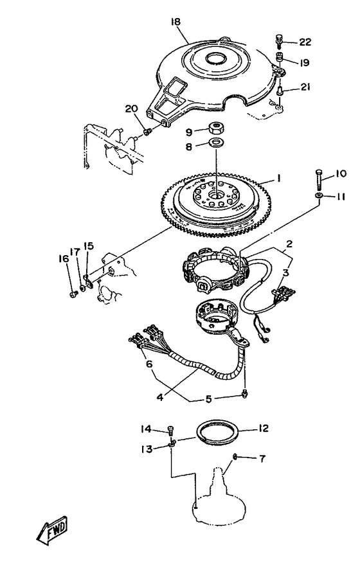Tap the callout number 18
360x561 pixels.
[175, 22]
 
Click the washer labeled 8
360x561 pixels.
[215, 143]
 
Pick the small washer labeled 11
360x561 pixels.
[319, 195]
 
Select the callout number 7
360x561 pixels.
[262, 459]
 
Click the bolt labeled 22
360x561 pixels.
[279, 41]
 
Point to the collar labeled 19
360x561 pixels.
[279, 57]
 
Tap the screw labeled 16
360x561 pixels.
[73, 294]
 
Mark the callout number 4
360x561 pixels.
[160, 397]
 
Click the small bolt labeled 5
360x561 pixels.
[245, 393]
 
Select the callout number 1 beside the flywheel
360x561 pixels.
[278, 177]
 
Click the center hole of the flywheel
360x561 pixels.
[216, 195]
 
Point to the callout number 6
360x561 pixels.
[149, 364]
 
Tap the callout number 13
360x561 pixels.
[147, 449]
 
